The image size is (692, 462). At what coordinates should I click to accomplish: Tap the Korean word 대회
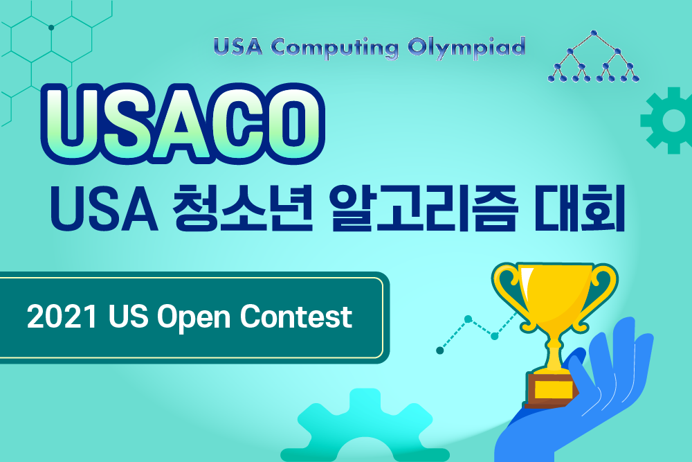(578, 206)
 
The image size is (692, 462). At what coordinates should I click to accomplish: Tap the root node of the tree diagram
(593, 32)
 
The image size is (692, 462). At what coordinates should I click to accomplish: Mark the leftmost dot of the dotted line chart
(439, 350)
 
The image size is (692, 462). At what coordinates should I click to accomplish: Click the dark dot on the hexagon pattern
(51, 28)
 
